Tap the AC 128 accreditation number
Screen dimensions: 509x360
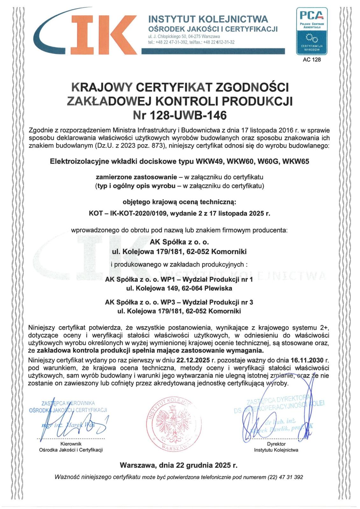click(312, 59)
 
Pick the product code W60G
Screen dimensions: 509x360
click(270, 161)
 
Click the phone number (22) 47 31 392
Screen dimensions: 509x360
click(286, 477)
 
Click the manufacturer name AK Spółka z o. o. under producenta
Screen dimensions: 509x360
click(179, 242)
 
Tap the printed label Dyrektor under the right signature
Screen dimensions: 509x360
click(276, 444)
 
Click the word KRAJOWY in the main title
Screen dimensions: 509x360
click(101, 87)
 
